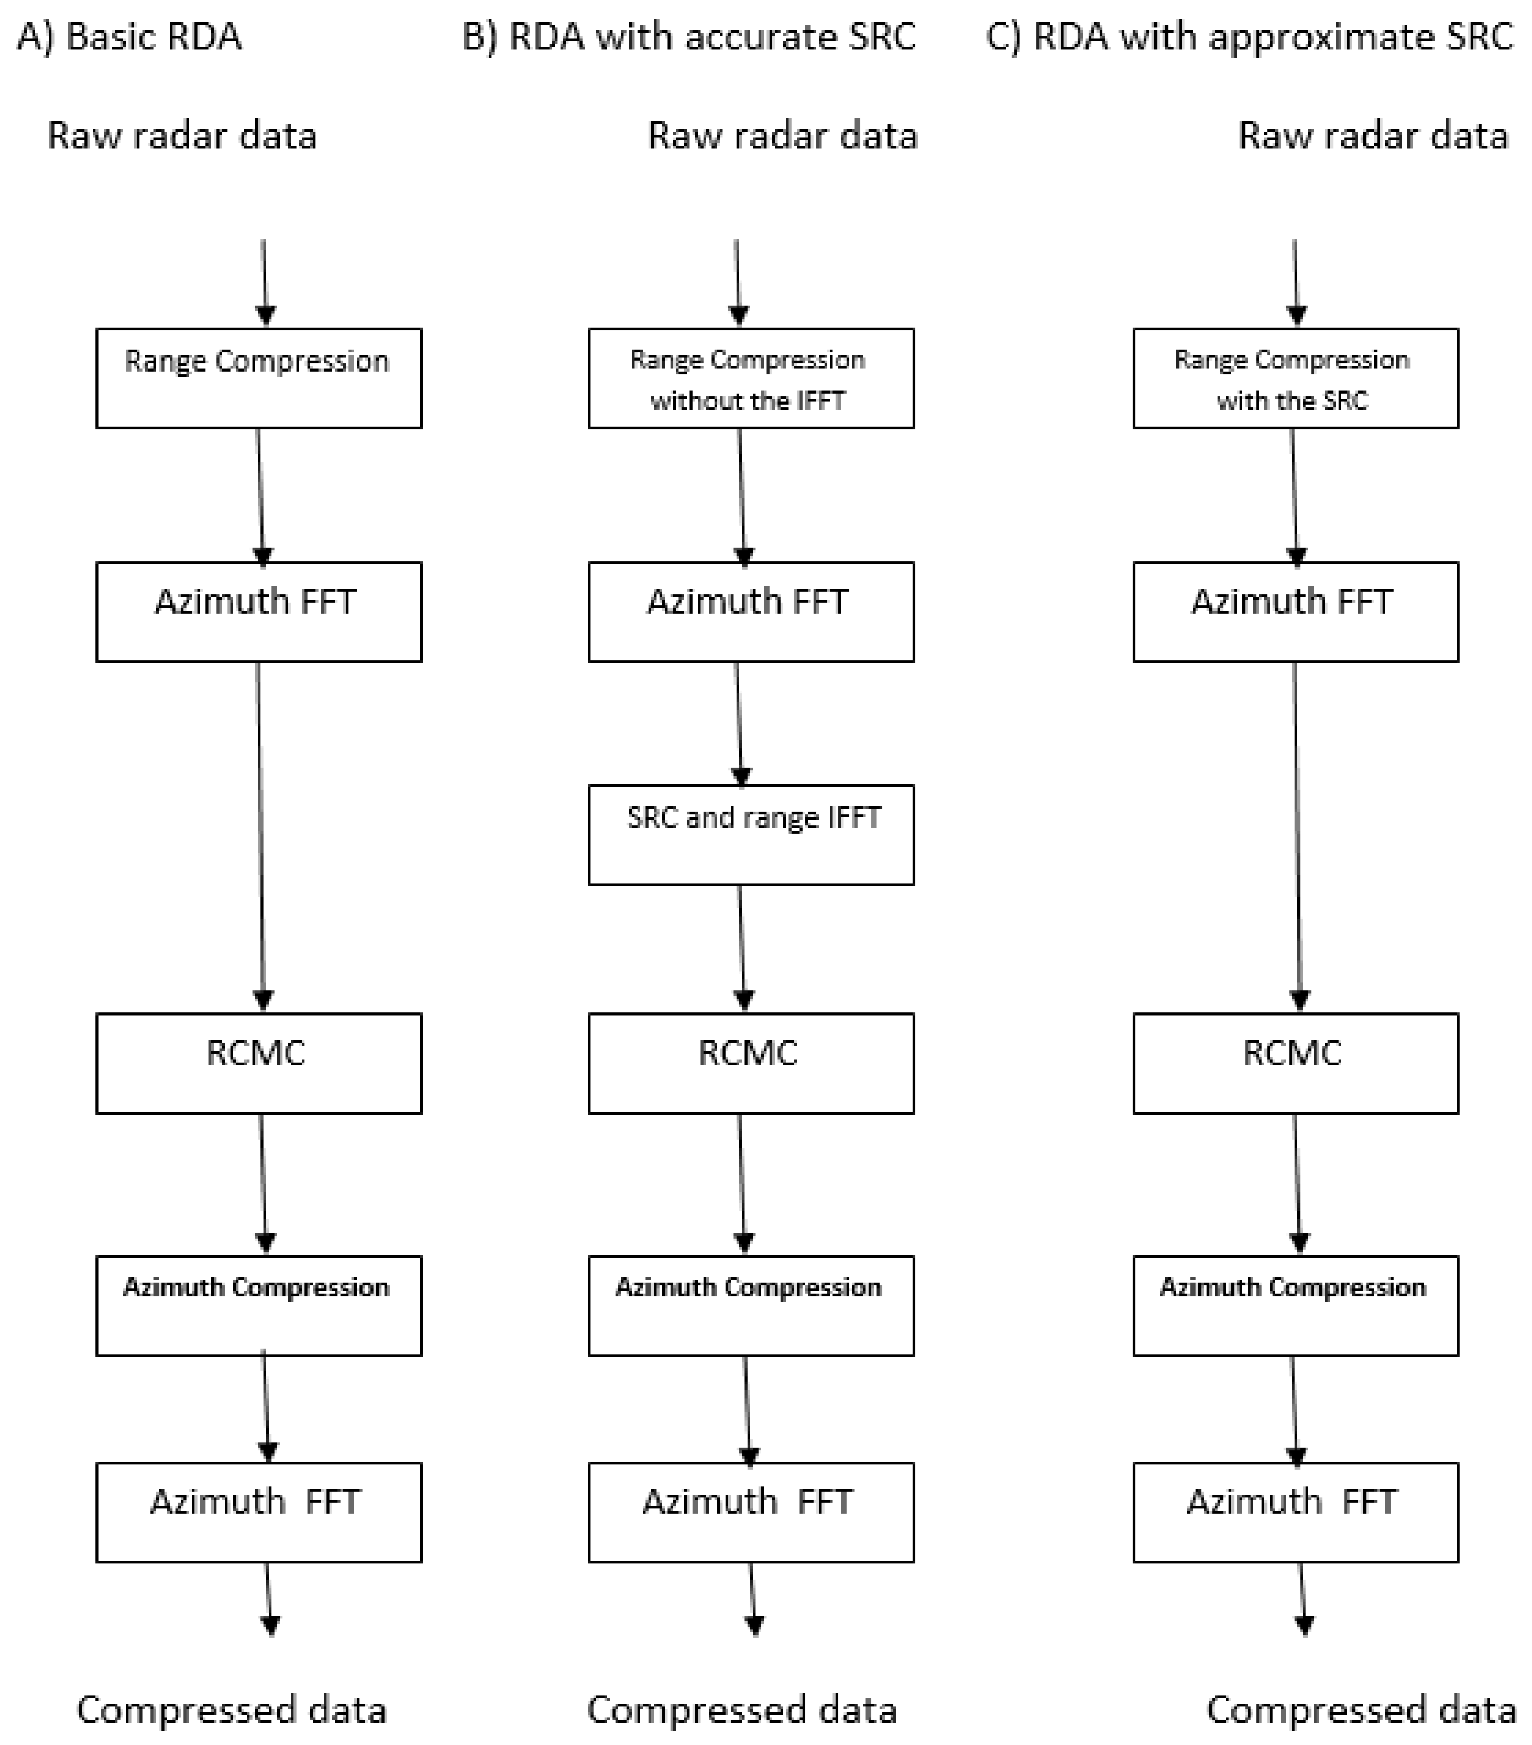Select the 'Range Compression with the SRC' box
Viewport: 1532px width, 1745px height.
coord(1295,378)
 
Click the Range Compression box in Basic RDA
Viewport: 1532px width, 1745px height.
coord(259,378)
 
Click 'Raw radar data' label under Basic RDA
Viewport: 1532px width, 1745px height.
coord(182,136)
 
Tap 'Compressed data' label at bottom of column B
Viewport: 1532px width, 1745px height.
coord(742,1710)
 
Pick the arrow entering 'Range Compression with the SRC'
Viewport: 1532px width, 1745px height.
coord(1296,282)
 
